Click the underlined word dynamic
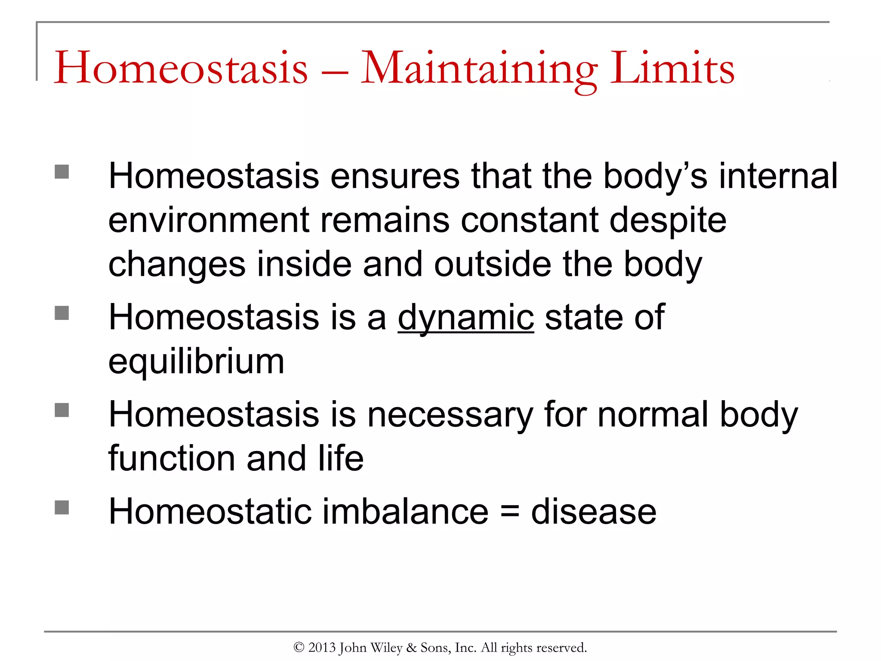click(x=465, y=318)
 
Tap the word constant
click(x=530, y=220)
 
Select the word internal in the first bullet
click(x=778, y=176)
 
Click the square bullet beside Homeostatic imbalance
click(x=62, y=507)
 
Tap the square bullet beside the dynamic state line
click(x=62, y=313)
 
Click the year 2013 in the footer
click(x=322, y=648)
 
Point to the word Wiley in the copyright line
click(x=386, y=648)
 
